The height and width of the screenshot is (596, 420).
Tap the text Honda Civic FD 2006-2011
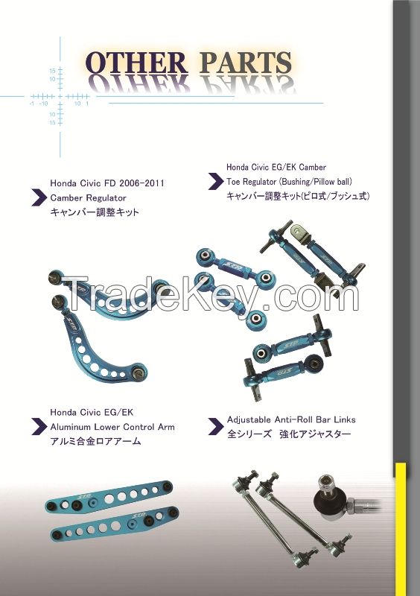106,183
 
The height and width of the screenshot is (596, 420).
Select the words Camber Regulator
88,198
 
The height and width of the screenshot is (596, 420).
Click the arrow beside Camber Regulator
38,198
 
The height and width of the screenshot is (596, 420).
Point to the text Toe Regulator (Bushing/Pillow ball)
289,182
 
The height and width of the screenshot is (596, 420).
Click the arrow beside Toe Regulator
216,182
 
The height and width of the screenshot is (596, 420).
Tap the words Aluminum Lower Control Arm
112,427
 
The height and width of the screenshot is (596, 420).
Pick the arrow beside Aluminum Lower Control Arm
38,427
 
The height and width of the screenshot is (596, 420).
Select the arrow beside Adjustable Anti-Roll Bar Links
216,427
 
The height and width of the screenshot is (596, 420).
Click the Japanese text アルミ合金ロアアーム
95,442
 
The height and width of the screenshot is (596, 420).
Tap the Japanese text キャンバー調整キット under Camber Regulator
95,213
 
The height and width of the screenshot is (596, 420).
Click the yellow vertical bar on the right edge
401,529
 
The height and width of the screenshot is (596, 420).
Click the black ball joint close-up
329,495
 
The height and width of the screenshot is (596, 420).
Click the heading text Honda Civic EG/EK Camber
276,168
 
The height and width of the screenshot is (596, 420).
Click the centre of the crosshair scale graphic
57,97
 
